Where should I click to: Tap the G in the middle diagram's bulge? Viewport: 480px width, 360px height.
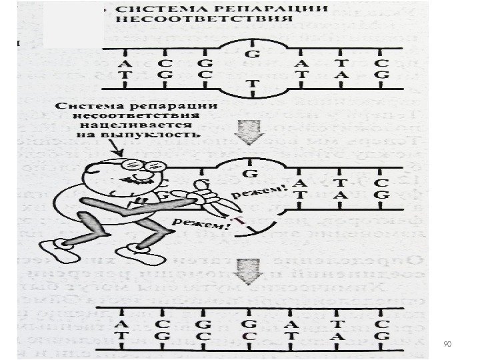click(252, 174)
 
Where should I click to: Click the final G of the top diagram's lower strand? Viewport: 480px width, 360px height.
click(380, 75)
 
